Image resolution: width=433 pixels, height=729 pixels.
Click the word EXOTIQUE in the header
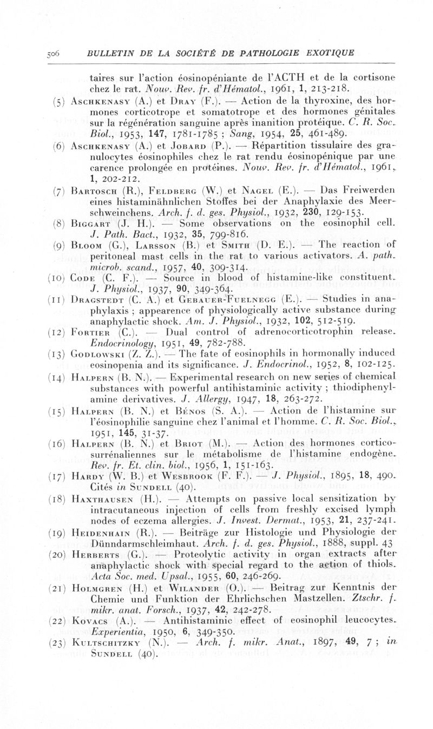click(x=327, y=52)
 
